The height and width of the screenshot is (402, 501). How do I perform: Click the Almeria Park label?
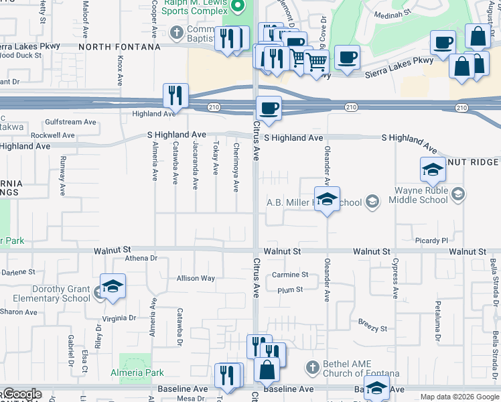(136, 373)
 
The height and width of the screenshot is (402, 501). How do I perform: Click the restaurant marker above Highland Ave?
(175, 96)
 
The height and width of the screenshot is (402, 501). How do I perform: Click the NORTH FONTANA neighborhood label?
(119, 47)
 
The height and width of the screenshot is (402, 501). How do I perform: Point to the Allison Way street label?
(196, 278)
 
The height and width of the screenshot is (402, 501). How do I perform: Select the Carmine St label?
(290, 275)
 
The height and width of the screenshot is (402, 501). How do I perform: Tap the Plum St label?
(290, 290)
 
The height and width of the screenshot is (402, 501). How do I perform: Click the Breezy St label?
(372, 329)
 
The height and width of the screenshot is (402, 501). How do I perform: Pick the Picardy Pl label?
(431, 240)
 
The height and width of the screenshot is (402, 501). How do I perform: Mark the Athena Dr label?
(141, 257)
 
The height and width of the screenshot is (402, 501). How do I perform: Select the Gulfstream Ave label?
(71, 122)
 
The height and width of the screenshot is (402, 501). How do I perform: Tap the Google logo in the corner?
(22, 395)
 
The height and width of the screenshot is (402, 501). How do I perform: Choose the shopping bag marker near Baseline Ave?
(267, 370)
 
